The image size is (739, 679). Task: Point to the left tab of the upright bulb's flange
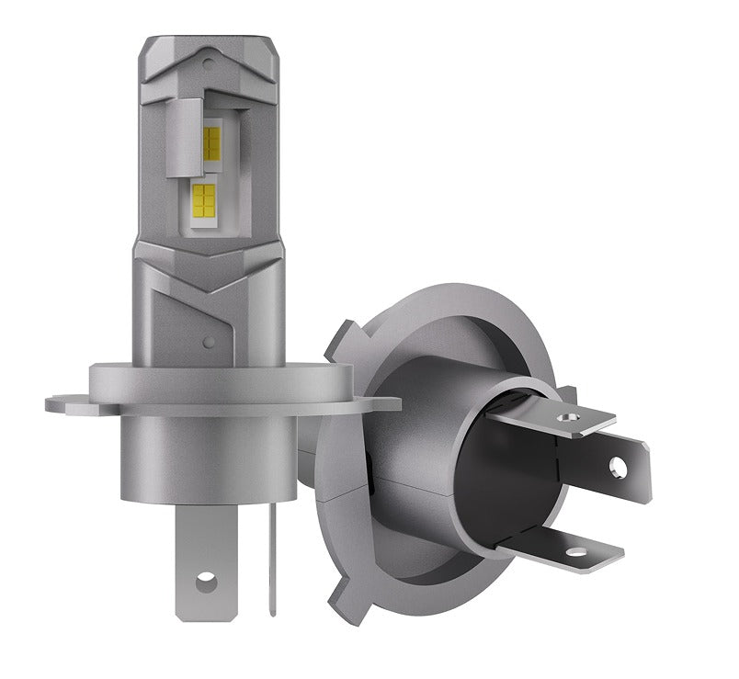64,402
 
